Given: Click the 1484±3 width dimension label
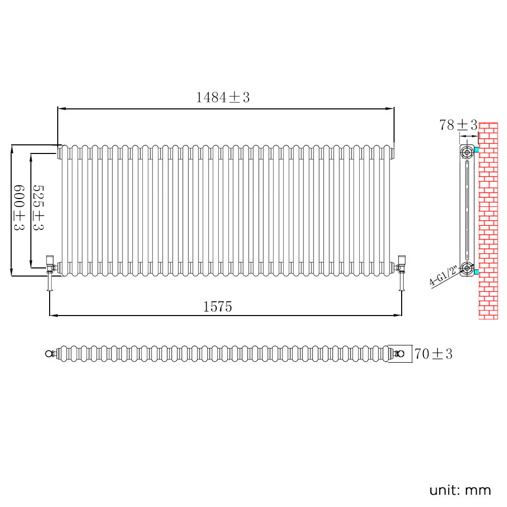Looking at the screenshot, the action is coord(223,97).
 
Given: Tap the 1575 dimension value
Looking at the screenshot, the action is coord(218,306).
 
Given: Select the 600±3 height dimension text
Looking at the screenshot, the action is coord(19,207).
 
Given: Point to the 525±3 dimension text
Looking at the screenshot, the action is coord(38,207).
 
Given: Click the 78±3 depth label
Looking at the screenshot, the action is coord(458,125).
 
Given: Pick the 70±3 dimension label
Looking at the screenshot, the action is coord(433,354).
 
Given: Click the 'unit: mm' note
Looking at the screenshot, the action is coord(460,490).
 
